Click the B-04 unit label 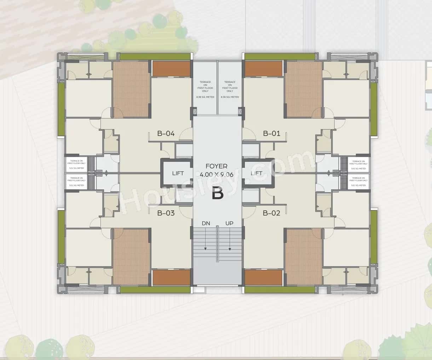click(x=166, y=133)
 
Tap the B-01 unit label click(x=271, y=133)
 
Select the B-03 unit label click(x=166, y=213)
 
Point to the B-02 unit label click(x=271, y=213)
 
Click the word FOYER click(x=217, y=166)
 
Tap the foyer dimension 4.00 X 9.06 click(x=217, y=175)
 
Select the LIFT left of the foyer click(x=178, y=173)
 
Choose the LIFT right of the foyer click(x=256, y=173)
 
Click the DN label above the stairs click(x=206, y=223)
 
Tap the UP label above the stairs click(x=229, y=223)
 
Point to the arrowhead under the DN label click(x=205, y=249)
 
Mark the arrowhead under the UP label click(x=230, y=249)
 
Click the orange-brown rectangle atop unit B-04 click(x=171, y=69)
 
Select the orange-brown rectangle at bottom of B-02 click(x=264, y=278)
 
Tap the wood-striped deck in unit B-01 click(x=304, y=89)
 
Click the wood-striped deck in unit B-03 click(x=131, y=257)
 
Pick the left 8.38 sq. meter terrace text click(x=205, y=89)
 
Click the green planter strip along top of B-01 click(x=280, y=57)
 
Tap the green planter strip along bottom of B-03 click(x=155, y=290)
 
